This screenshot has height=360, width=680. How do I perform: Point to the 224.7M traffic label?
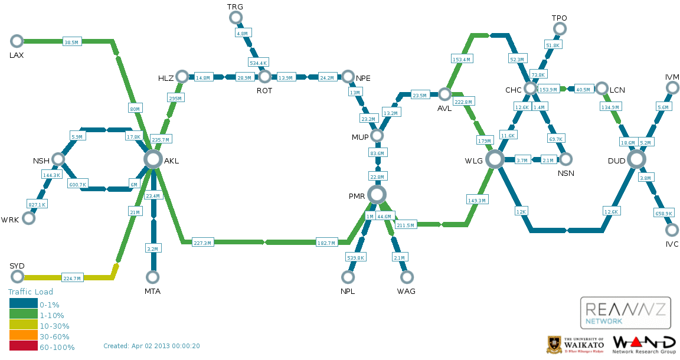pyautogui.click(x=72, y=278)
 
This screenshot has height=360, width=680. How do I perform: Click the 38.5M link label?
pyautogui.click(x=71, y=42)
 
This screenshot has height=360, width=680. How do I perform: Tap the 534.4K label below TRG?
pyautogui.click(x=258, y=63)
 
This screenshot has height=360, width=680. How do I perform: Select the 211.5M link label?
pyautogui.click(x=406, y=225)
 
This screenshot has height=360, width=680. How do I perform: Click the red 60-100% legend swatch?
pyautogui.click(x=24, y=346)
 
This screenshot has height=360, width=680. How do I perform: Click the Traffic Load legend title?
pyautogui.click(x=31, y=292)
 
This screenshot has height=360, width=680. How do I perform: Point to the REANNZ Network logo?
pyautogui.click(x=625, y=313)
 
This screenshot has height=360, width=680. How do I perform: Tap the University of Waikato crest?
pyautogui.click(x=553, y=345)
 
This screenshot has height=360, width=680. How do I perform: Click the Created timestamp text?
pyautogui.click(x=152, y=346)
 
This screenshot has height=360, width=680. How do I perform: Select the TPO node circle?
pyautogui.click(x=560, y=29)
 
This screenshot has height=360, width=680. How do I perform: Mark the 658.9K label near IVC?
pyautogui.click(x=664, y=213)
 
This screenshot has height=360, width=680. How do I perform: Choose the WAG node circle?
pyautogui.click(x=407, y=276)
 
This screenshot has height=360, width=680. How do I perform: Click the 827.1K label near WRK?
pyautogui.click(x=37, y=204)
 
